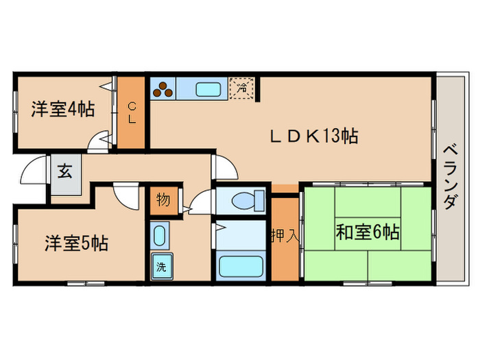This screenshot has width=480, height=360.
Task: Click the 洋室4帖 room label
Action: point(62,109)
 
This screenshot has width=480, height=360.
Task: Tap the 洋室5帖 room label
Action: point(76,243)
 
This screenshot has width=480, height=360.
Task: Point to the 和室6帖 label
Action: point(367,232)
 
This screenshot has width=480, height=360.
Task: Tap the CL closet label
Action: point(132,113)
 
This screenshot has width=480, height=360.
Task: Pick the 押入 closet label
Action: point(284,237)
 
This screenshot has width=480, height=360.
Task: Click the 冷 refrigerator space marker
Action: point(241,88)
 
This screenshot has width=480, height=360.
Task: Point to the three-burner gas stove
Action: point(163,88)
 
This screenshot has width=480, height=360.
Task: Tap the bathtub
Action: point(239,267)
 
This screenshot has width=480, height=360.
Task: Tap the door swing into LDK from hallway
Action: point(224,169)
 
